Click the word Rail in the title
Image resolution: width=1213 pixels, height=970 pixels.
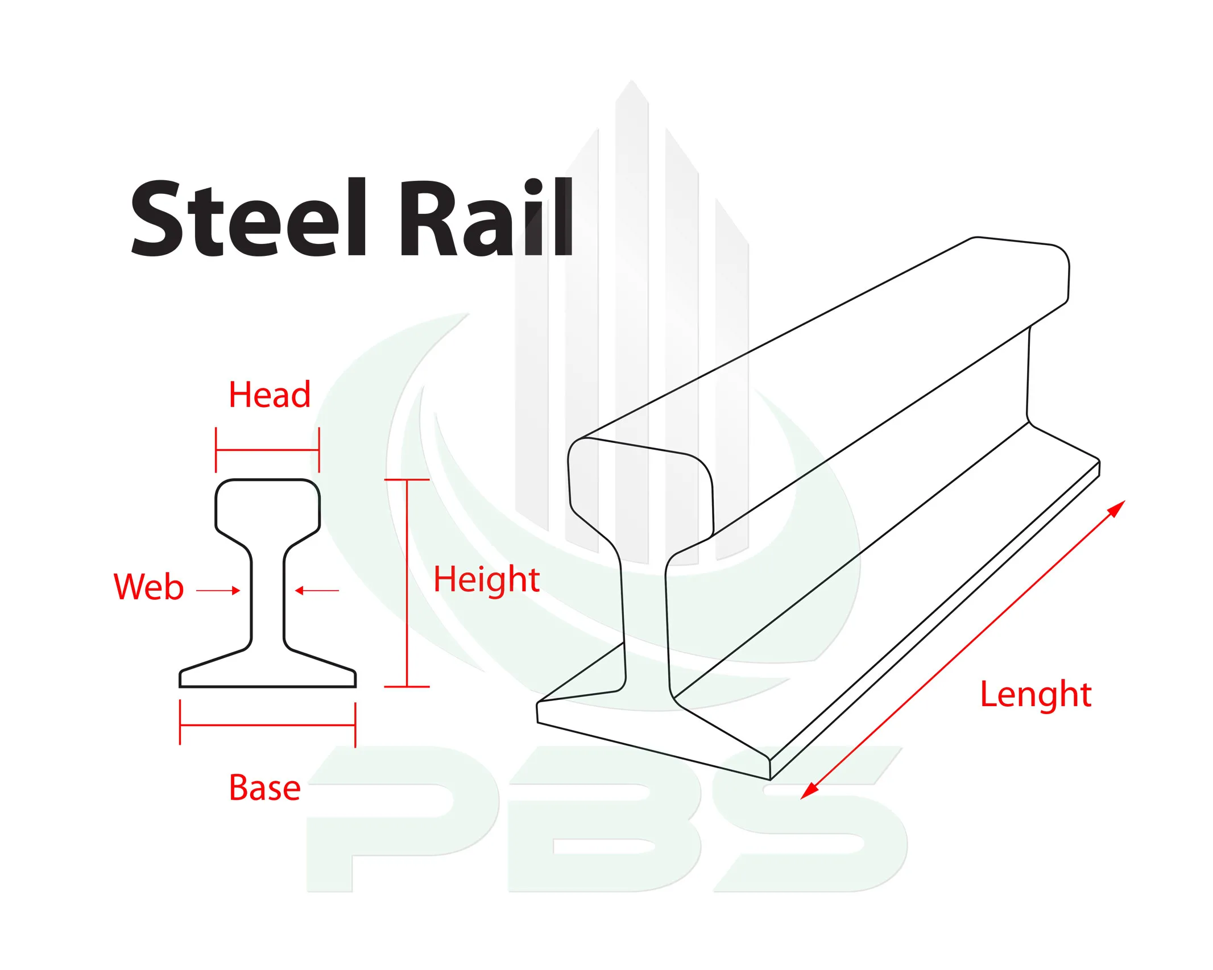click(487, 217)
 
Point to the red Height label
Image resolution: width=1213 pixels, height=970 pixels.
click(486, 580)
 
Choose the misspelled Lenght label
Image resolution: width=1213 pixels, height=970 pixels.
click(1035, 695)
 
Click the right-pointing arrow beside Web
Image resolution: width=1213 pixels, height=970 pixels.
click(218, 591)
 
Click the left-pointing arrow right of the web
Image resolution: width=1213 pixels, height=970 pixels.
click(317, 591)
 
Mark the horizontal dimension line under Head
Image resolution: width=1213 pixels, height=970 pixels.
click(267, 450)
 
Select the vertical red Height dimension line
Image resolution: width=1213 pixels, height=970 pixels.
click(407, 583)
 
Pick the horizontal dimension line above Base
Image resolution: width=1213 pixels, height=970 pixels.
click(267, 725)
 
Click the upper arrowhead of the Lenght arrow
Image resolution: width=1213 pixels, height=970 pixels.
click(1117, 508)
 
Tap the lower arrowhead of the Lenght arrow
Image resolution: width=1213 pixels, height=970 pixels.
click(809, 791)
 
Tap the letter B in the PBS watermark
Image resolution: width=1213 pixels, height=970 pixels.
click(605, 819)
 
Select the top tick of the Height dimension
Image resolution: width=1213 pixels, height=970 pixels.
click(407, 480)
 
